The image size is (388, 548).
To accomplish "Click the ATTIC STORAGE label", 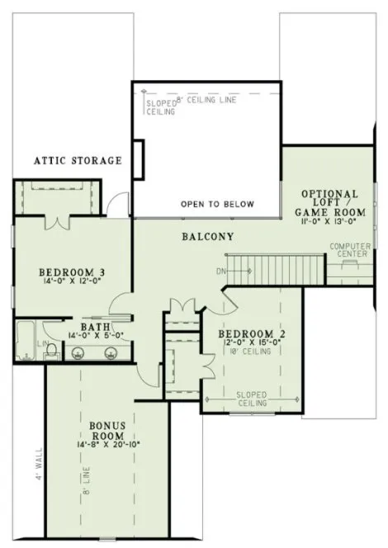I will pyautogui.click(x=78, y=160).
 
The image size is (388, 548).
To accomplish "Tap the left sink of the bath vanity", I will pyautogui.click(x=78, y=353).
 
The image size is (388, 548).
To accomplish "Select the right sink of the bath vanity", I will pyautogui.click(x=111, y=353).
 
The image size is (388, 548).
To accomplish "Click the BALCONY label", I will pyautogui.click(x=207, y=237).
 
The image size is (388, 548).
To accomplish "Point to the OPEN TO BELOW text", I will pyautogui.click(x=217, y=205).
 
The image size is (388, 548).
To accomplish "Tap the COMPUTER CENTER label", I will pyautogui.click(x=348, y=250).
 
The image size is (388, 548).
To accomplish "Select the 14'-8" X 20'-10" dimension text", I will pyautogui.click(x=106, y=444).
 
